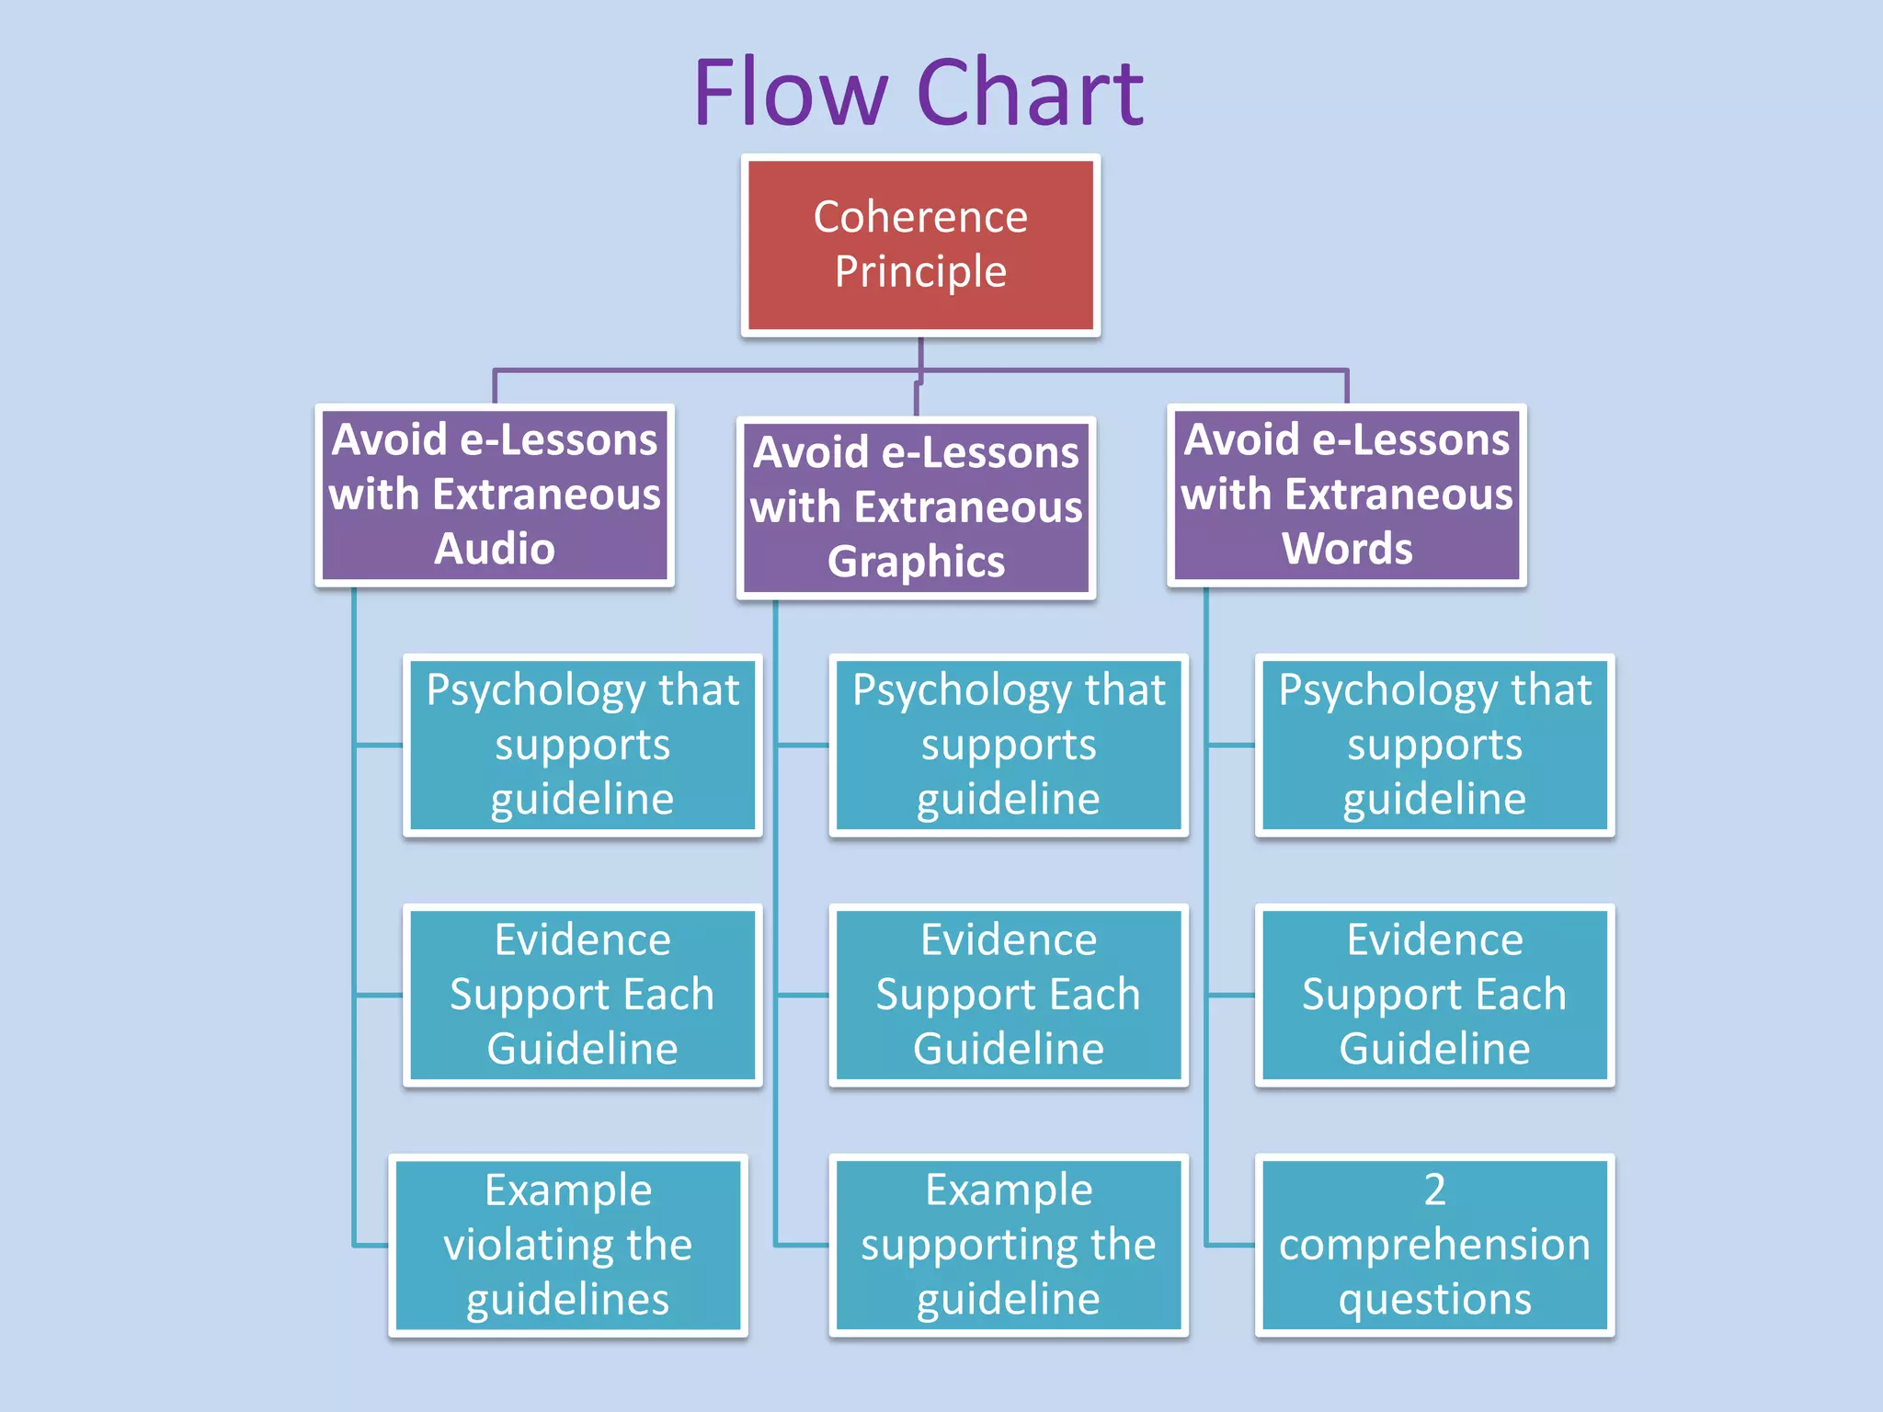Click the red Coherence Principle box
point(920,245)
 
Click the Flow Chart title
point(919,92)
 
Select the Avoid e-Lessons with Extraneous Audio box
point(495,495)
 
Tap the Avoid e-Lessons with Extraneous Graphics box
point(916,507)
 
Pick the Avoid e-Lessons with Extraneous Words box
point(1346,495)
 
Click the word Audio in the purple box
point(495,549)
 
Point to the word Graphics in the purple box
point(916,562)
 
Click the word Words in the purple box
point(1346,549)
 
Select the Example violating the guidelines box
point(568,1245)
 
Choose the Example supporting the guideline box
point(1009,1245)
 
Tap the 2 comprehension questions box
point(1434,1245)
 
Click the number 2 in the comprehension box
point(1434,1190)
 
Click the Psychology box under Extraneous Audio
point(582,745)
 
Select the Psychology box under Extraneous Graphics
point(1009,745)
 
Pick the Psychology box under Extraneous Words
point(1434,745)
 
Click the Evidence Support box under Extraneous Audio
point(582,995)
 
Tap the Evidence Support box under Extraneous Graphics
point(1009,995)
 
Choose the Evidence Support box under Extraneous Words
point(1434,995)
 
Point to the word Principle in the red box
point(920,272)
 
